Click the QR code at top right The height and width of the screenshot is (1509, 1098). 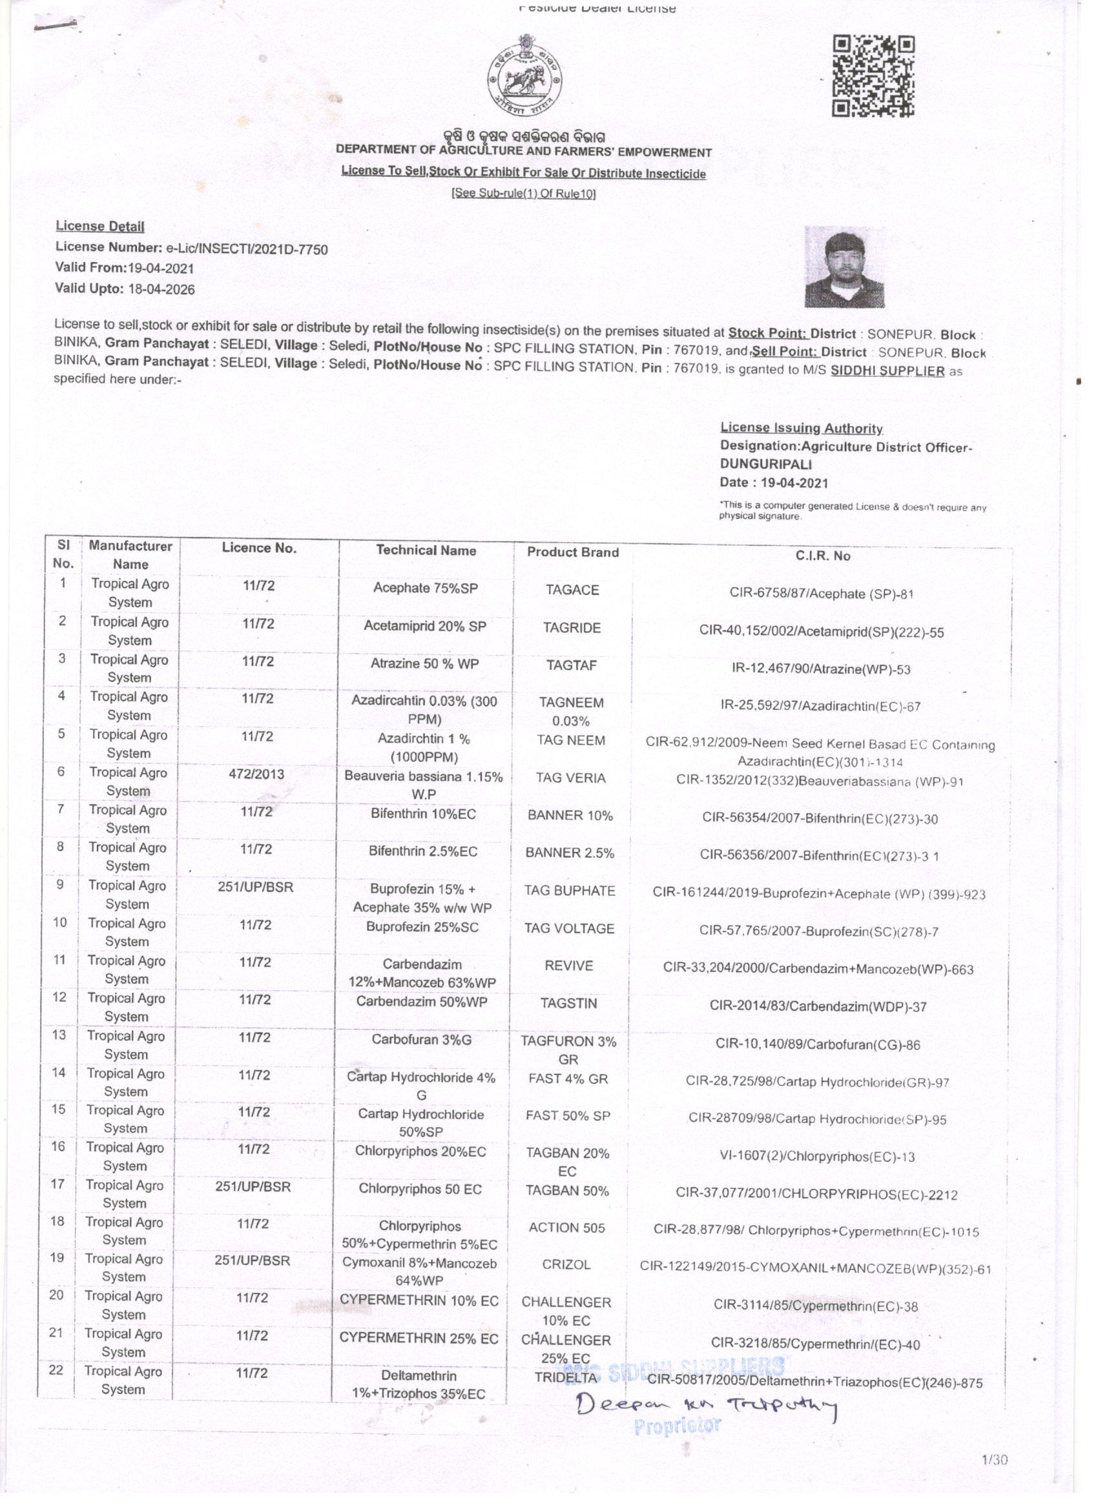[875, 77]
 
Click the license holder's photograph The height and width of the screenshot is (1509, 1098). [845, 267]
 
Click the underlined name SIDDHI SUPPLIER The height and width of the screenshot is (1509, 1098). [887, 370]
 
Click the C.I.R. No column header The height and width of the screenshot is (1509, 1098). [823, 556]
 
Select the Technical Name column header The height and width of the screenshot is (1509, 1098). [426, 551]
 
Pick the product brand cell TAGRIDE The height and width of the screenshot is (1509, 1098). [572, 627]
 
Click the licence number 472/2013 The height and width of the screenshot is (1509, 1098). [254, 774]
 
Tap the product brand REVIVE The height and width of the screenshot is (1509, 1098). [568, 966]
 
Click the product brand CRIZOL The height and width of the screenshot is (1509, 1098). [566, 1264]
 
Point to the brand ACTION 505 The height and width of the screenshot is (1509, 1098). [567, 1227]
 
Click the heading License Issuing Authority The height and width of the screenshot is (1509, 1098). [801, 429]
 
